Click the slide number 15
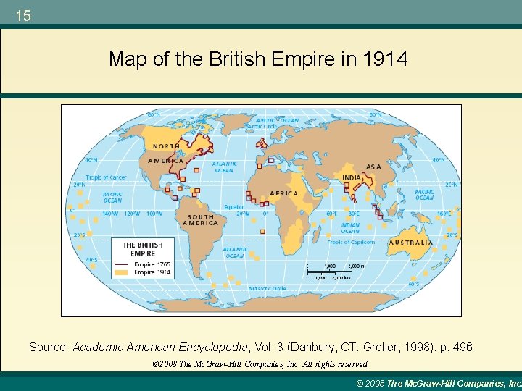point(23,15)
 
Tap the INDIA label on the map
point(352,178)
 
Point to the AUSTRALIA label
point(410,243)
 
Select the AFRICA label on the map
point(283,193)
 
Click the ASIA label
point(373,167)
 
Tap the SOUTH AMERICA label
point(201,220)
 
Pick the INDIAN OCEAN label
point(350,228)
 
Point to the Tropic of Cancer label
point(106,177)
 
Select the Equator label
point(234,207)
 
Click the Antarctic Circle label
point(267,288)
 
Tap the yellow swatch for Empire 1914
point(121,273)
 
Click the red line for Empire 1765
point(121,265)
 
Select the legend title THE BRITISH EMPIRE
point(143,249)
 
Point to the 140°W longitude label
point(109,214)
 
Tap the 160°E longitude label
point(444,214)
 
